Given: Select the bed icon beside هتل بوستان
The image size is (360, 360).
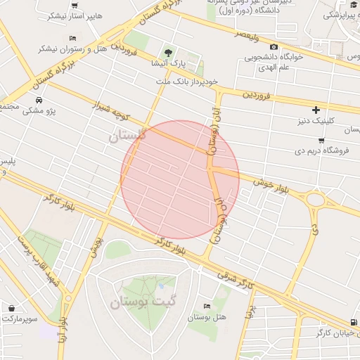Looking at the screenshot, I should point(206,306).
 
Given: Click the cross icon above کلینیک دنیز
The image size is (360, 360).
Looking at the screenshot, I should point(316,109).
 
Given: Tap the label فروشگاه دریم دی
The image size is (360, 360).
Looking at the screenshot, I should point(319,150).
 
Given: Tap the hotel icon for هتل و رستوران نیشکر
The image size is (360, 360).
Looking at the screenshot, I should point(73,38).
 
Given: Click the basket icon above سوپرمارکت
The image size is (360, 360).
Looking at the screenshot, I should point(12,307).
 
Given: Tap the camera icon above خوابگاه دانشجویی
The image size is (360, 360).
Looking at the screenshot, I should point(274,46).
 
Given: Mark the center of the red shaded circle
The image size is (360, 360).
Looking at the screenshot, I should point(180,179).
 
